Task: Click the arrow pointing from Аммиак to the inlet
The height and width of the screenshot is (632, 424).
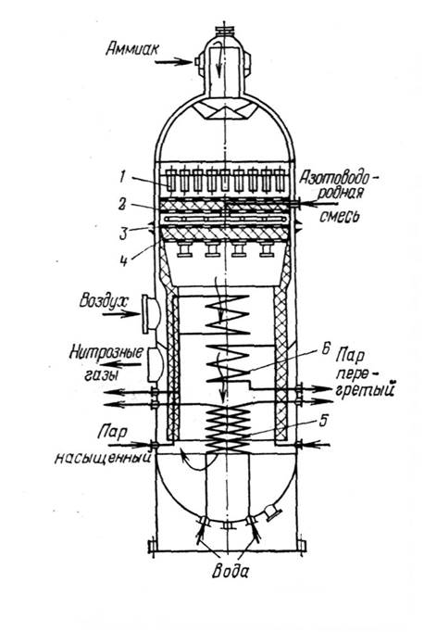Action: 173,62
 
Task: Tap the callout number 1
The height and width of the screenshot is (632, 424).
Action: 122,178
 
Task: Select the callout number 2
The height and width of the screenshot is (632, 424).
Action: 122,205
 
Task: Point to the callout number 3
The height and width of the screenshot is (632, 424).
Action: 123,233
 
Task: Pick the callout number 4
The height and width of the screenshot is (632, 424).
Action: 124,260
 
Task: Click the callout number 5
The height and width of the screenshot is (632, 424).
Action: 323,421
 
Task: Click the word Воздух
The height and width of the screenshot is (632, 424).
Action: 103,301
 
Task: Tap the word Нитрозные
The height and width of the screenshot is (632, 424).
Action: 106,353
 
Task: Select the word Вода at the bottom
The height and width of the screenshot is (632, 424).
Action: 230,571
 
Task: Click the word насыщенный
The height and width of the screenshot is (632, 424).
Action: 104,459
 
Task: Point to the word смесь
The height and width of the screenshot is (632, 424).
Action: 339,217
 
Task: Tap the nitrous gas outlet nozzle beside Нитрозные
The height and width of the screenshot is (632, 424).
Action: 155,365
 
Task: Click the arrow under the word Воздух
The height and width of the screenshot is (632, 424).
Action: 120,314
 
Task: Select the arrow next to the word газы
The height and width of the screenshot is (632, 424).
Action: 126,365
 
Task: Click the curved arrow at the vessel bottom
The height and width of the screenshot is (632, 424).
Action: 195,461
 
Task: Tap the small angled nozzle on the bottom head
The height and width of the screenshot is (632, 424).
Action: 271,512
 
